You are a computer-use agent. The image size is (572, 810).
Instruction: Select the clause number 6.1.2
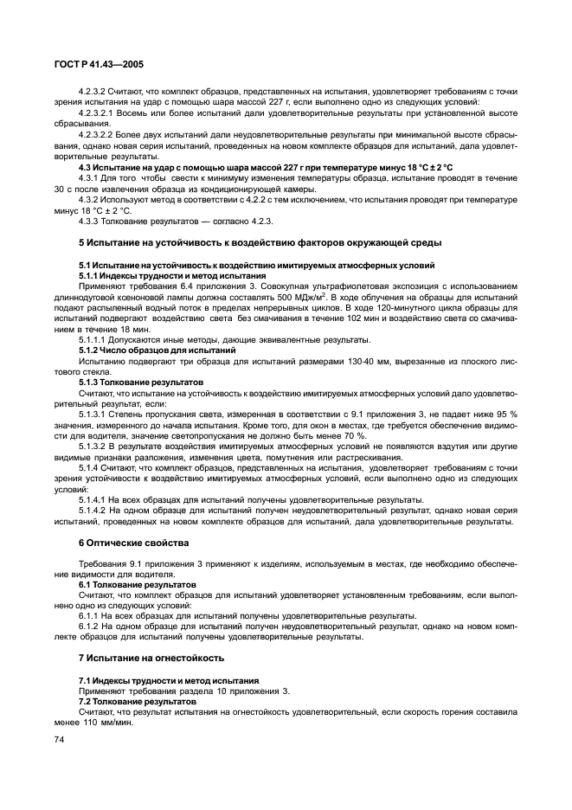(x=90, y=625)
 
